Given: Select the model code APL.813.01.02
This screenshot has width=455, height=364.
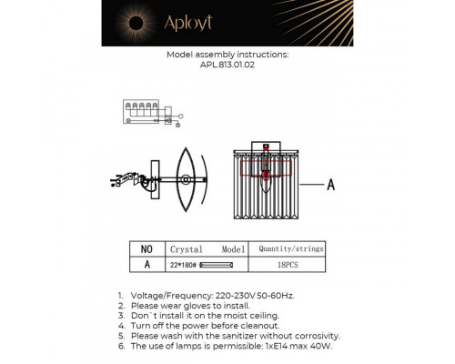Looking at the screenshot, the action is pyautogui.click(x=227, y=65).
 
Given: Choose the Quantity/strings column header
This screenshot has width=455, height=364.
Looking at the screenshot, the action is pyautogui.click(x=291, y=248).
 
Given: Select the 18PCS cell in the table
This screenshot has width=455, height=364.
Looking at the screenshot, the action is pyautogui.click(x=291, y=264).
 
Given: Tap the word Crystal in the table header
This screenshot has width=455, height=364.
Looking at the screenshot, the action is pyautogui.click(x=187, y=248).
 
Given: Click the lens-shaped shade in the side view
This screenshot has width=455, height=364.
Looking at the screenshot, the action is pyautogui.click(x=184, y=182).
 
